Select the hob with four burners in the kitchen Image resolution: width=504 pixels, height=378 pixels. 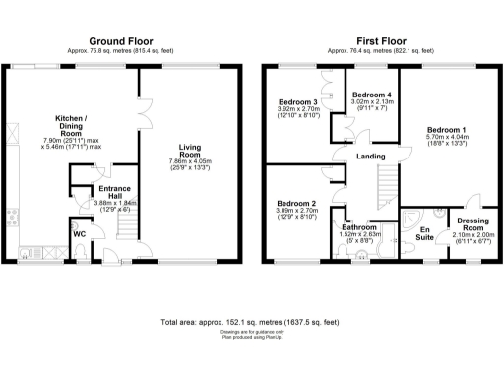[x=12, y=219]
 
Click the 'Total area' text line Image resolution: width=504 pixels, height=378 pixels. [x=251, y=322]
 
